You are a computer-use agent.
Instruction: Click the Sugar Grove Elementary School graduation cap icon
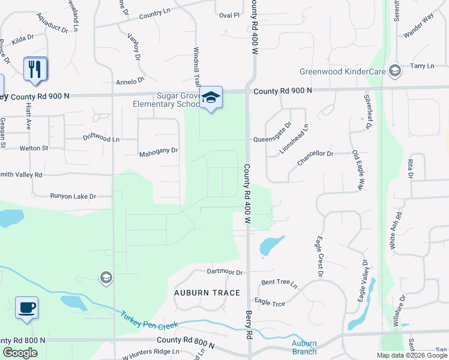tap(211, 97)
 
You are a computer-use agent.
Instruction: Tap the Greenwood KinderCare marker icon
tap(395, 71)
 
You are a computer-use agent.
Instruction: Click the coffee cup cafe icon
tap(26, 308)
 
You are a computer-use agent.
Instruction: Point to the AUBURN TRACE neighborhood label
tap(207, 293)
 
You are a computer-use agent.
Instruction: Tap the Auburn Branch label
tap(304, 347)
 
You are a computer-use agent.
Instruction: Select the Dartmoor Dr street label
tap(224, 272)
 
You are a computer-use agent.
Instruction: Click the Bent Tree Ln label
tap(279, 283)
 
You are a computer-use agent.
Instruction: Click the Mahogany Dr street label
tap(158, 151)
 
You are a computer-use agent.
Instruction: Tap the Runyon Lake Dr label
tap(73, 196)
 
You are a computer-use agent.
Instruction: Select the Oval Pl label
tap(229, 14)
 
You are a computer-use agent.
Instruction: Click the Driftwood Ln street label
tap(101, 139)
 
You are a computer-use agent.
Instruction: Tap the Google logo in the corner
tap(20, 353)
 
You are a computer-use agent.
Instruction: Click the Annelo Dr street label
tap(130, 80)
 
